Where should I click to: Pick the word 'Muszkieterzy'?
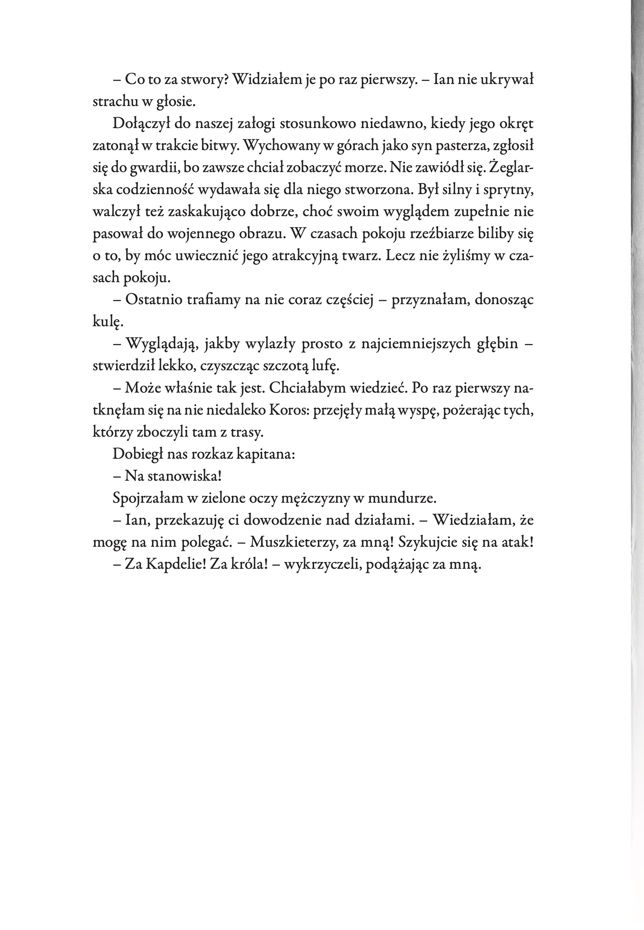[x=294, y=542]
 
